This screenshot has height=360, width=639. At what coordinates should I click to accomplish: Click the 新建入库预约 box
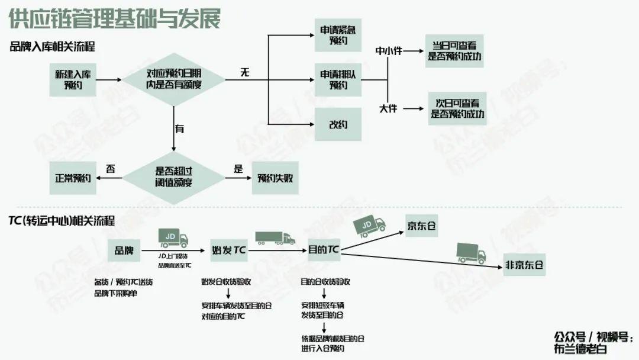[74, 80]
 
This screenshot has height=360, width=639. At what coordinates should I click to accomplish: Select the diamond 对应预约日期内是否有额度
[173, 80]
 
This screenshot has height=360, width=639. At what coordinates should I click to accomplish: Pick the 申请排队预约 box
[338, 80]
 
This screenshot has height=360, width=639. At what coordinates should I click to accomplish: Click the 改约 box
[338, 124]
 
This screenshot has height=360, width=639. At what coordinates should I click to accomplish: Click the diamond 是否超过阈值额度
[173, 176]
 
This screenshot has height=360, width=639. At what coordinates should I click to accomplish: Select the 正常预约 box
[73, 177]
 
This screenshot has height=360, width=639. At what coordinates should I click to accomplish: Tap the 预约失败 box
[275, 177]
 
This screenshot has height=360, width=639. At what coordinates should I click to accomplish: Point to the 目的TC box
[324, 250]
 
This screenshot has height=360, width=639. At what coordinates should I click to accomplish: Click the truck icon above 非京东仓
[472, 253]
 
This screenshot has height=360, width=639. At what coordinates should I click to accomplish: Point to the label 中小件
[389, 51]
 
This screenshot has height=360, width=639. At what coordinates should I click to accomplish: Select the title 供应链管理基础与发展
[115, 18]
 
